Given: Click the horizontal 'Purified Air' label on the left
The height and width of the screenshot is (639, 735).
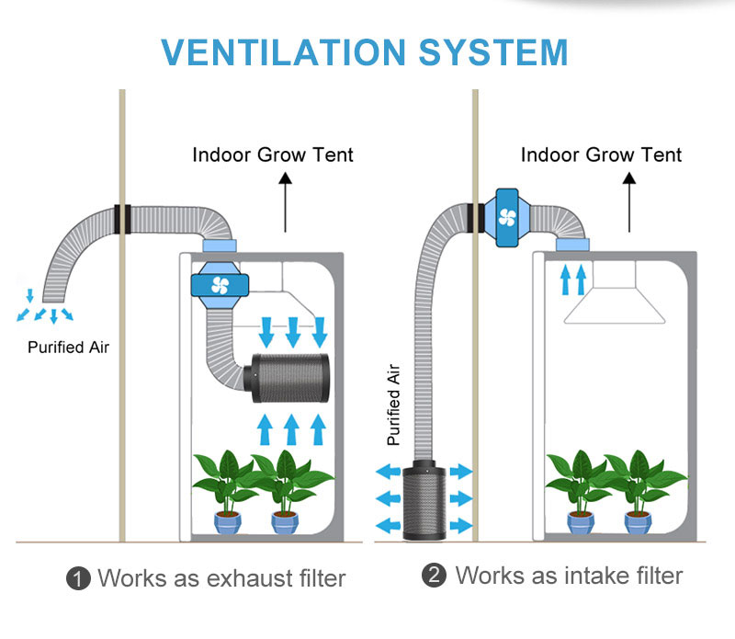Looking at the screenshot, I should click(x=68, y=348).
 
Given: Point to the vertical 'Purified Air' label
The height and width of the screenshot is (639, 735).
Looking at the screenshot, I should click(x=394, y=404).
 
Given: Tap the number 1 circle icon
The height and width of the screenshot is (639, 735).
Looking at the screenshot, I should click(x=78, y=578).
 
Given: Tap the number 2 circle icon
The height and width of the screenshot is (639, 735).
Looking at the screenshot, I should click(x=434, y=576).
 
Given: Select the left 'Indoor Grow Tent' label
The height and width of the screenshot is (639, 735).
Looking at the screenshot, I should click(x=273, y=154).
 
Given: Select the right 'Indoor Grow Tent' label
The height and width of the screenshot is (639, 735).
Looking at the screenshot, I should click(x=602, y=154).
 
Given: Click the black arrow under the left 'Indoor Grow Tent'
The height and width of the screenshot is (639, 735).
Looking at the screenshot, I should click(x=285, y=202).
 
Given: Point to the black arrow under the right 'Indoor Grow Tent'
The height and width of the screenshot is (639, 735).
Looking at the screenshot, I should click(x=630, y=202).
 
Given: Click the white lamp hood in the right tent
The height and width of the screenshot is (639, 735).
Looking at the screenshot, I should click(x=615, y=299).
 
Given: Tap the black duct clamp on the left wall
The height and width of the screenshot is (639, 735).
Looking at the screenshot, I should click(x=122, y=218).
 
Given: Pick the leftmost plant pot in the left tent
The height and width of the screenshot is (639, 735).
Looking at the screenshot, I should click(x=226, y=521).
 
